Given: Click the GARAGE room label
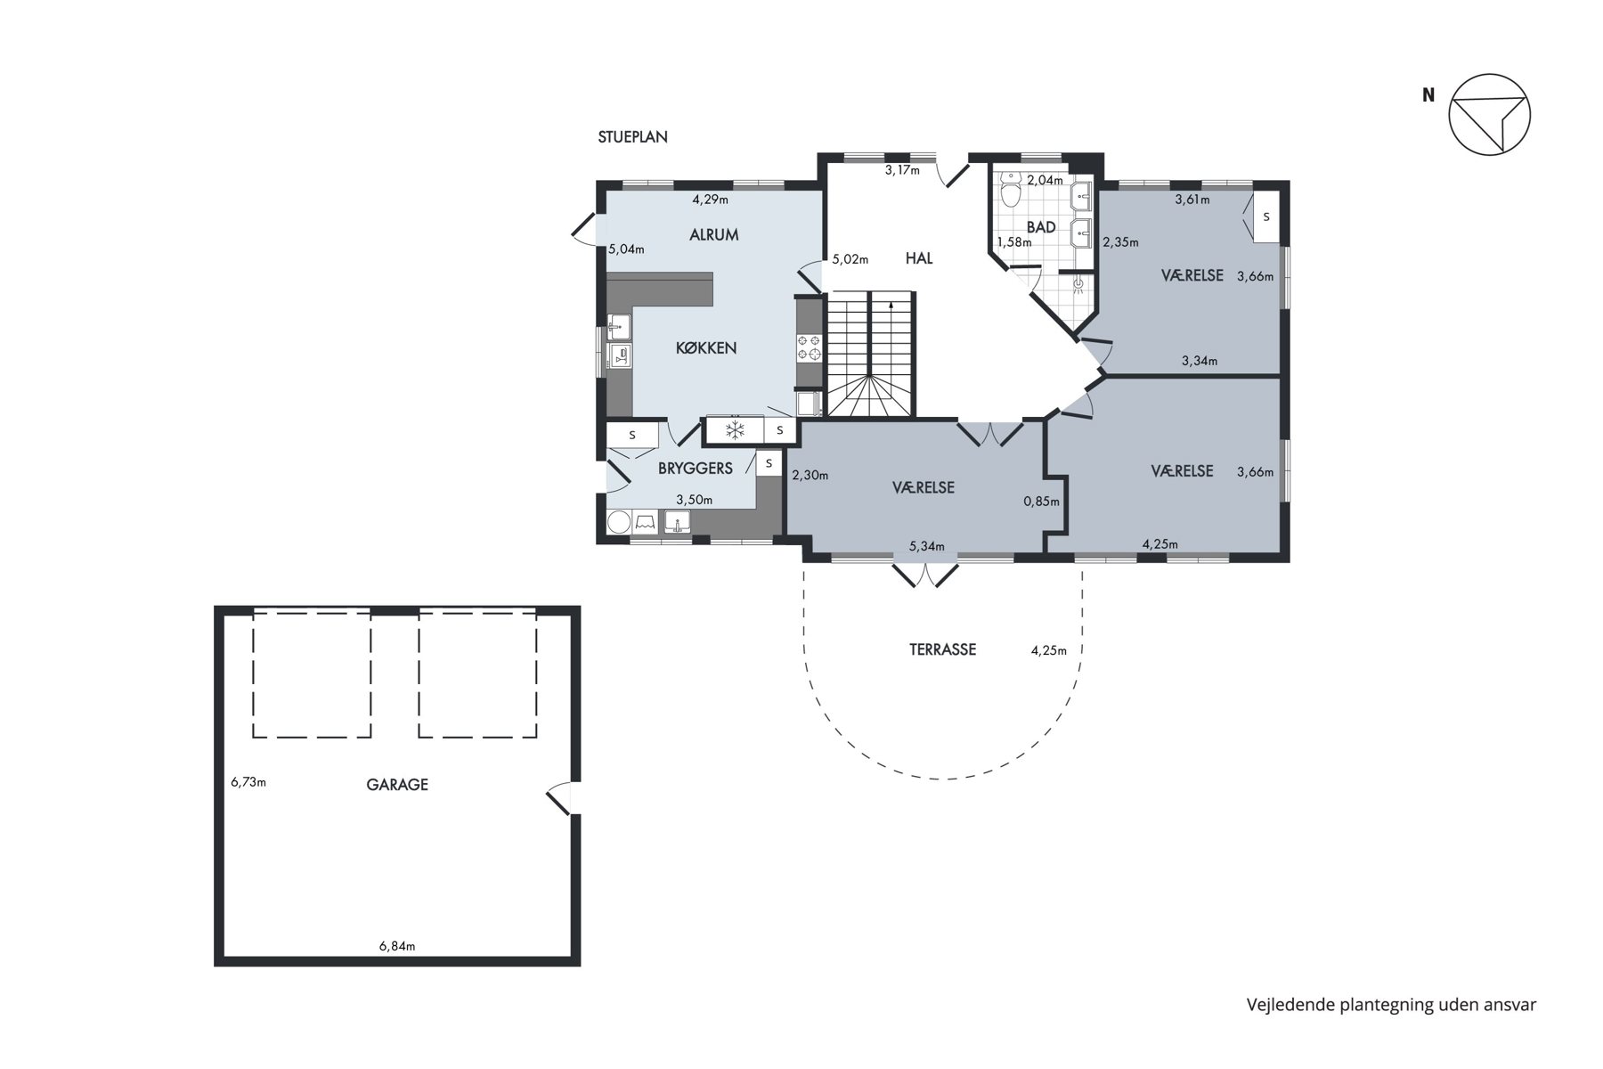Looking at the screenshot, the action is click(397, 785).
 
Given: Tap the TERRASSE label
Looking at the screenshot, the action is click(942, 649).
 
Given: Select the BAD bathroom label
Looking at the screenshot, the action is click(1041, 227).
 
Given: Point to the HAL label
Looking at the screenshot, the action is click(919, 258).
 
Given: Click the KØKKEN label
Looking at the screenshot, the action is click(706, 348).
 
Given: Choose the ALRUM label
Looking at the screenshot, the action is click(714, 235).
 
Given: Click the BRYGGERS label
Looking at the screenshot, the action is click(696, 469).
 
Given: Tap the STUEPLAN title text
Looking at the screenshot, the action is click(632, 137).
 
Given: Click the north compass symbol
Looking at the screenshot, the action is click(1489, 114).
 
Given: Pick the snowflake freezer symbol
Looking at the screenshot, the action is click(735, 431).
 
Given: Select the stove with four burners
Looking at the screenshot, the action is click(810, 347).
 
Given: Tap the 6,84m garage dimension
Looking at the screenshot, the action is click(397, 946).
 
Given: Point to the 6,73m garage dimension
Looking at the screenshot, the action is click(248, 782).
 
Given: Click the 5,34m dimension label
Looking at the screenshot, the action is click(927, 546).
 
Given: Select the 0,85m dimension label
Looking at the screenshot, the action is click(1042, 502).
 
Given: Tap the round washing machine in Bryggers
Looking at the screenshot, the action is click(619, 522).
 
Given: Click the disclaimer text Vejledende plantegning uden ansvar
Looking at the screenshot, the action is click(1391, 1005).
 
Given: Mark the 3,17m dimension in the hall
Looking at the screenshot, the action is click(902, 170).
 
